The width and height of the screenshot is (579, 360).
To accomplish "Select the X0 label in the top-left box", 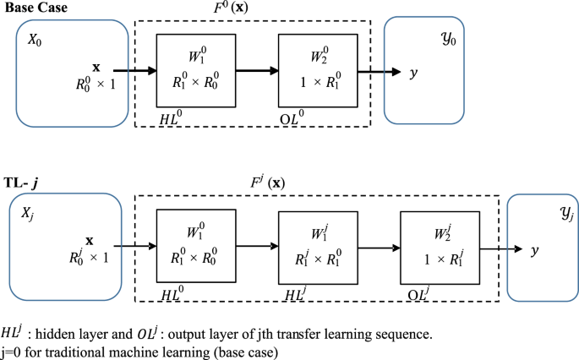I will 33,39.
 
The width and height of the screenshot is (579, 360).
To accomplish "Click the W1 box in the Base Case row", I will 196,73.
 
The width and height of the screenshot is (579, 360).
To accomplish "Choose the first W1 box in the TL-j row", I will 196,248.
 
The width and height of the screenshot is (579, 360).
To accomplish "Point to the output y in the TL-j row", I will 534,251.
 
